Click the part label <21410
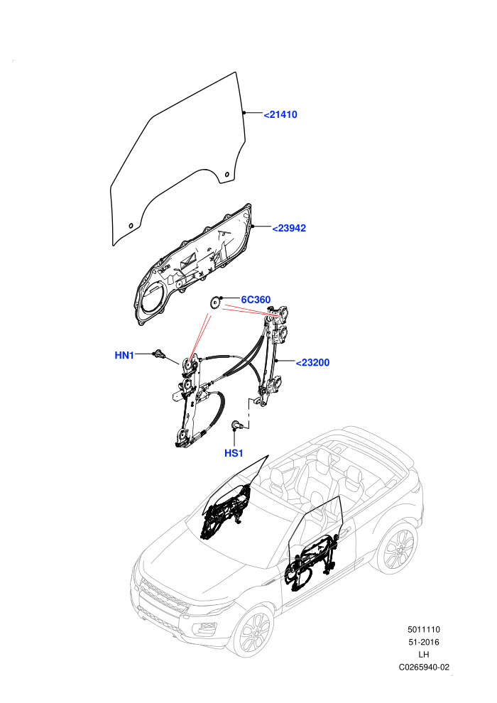pyautogui.click(x=280, y=115)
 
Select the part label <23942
pyautogui.click(x=289, y=228)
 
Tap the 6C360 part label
pyautogui.click(x=256, y=300)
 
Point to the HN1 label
pyautogui.click(x=124, y=355)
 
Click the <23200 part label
pyautogui.click(x=313, y=362)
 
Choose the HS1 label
pyautogui.click(x=234, y=453)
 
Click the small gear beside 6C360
pyautogui.click(x=214, y=303)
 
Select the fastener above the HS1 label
pyautogui.click(x=236, y=424)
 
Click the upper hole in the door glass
pyautogui.click(x=226, y=174)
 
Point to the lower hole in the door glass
pyautogui.click(x=131, y=226)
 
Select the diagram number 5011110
pyautogui.click(x=424, y=629)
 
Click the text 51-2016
pyautogui.click(x=424, y=642)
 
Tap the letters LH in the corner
pyautogui.click(x=424, y=655)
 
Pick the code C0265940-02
pyautogui.click(x=424, y=667)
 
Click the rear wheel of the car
pyautogui.click(x=397, y=549)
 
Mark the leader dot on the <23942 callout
pyautogui.click(x=253, y=226)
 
